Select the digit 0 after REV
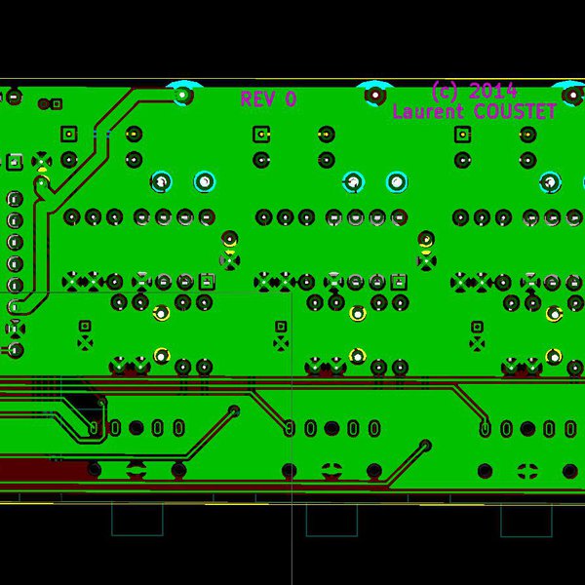(290, 98)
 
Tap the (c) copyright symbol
(445, 91)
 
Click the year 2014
(493, 91)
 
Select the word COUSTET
(514, 111)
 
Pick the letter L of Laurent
(398, 111)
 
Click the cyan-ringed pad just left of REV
(182, 95)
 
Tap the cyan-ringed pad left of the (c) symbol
(374, 95)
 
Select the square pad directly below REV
(261, 135)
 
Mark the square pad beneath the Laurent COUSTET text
(462, 135)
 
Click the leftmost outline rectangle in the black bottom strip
(136, 519)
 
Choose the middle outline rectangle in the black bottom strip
(331, 519)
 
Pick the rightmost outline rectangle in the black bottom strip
(526, 519)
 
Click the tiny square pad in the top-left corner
(58, 102)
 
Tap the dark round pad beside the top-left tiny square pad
(43, 102)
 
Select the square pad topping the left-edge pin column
(16, 161)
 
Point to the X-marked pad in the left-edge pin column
(41, 159)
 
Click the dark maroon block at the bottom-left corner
(39, 472)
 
